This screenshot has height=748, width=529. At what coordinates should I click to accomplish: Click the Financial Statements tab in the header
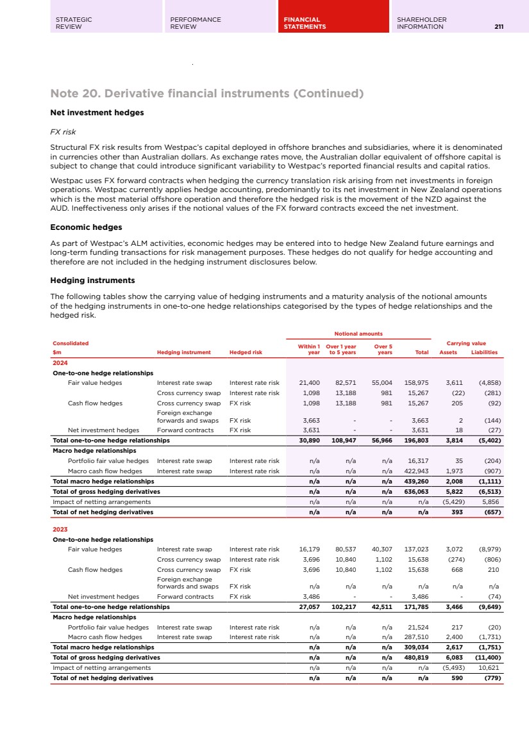(x=305, y=23)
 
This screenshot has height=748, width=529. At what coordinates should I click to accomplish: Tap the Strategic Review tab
(x=74, y=23)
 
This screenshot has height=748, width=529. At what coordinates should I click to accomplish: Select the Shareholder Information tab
(x=421, y=23)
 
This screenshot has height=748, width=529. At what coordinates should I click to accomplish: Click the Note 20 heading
(x=206, y=94)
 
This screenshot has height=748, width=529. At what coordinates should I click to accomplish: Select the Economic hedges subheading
(x=86, y=227)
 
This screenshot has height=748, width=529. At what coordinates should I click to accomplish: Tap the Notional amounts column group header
(x=358, y=334)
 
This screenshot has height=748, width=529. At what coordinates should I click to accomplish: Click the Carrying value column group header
(x=471, y=343)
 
